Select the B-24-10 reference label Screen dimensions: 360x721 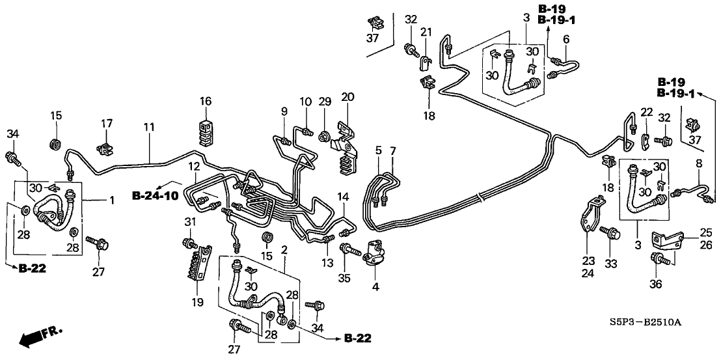(155, 195)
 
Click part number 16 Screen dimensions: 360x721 (206, 102)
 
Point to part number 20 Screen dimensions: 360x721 (347, 97)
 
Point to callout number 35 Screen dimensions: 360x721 (344, 277)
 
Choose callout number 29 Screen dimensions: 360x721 (325, 102)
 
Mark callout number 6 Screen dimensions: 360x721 (565, 39)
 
